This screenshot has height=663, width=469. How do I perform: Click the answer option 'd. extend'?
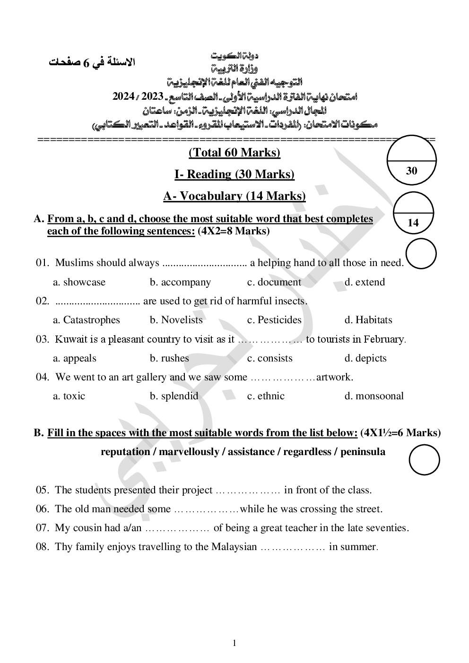[365, 282]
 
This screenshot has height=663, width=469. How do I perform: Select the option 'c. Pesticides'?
[274, 320]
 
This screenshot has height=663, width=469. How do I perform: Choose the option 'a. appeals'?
[74, 358]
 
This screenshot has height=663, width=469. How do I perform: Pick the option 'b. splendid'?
[174, 396]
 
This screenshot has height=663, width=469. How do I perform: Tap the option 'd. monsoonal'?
[374, 396]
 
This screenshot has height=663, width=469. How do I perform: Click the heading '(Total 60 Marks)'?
[234, 153]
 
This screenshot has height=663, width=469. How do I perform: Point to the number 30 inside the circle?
[411, 171]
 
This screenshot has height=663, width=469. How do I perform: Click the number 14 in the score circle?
[413, 223]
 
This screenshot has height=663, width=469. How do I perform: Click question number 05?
[43, 490]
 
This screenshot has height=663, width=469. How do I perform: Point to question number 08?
[43, 547]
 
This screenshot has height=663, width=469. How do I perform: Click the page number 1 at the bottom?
[234, 643]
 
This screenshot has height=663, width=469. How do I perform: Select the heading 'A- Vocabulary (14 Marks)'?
[234, 196]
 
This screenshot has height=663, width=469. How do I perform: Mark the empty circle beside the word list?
[424, 460]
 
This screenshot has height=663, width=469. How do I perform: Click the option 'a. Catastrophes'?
[87, 320]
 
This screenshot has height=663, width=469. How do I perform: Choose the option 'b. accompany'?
[180, 282]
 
